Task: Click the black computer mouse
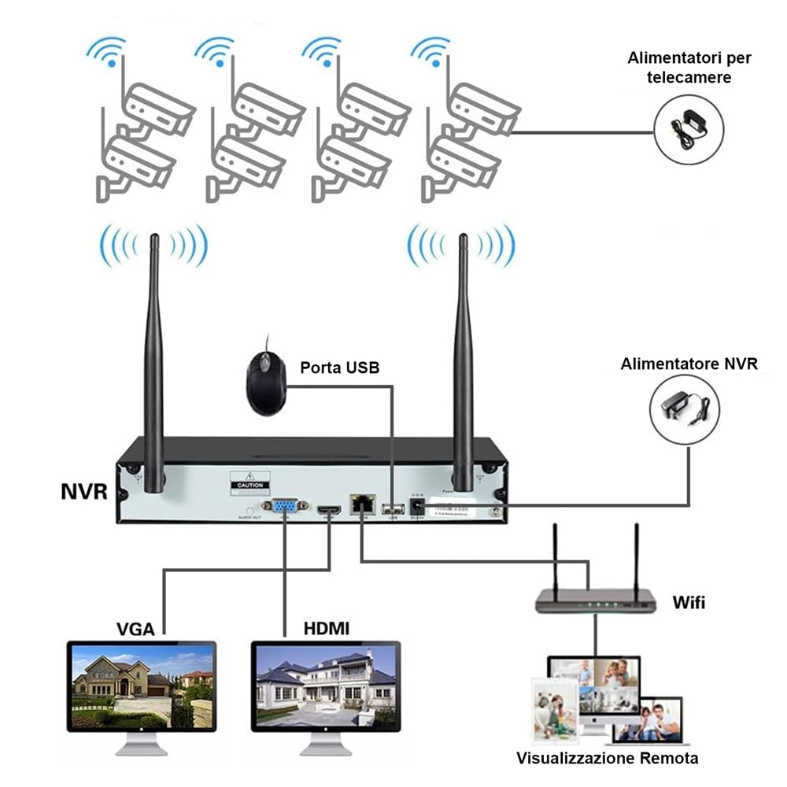click(264, 382)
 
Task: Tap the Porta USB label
click(339, 368)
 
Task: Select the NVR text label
click(83, 492)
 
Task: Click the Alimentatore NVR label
click(689, 364)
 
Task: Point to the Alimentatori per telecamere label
click(689, 68)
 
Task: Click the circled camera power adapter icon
click(689, 129)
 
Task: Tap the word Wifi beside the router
click(689, 604)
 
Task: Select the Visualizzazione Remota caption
click(607, 758)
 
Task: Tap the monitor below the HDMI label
click(325, 689)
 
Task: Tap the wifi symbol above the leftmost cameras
click(108, 51)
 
